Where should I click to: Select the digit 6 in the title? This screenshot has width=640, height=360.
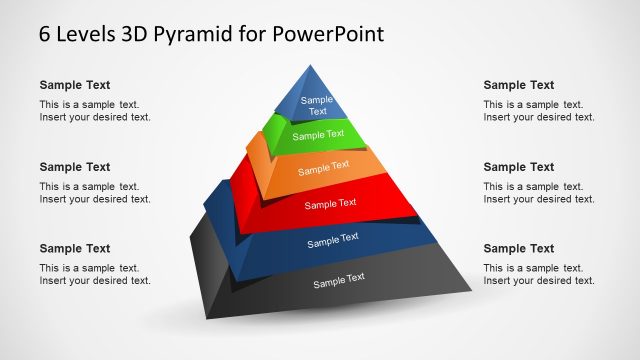(45, 34)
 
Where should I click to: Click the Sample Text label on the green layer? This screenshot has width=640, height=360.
(318, 134)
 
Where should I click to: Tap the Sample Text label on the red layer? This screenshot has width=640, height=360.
(330, 204)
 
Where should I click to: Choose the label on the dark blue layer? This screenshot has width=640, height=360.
(332, 241)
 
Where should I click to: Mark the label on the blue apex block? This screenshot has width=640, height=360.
(317, 105)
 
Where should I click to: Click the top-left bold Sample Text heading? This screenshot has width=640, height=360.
(75, 86)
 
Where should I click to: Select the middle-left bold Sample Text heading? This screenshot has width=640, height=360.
(75, 167)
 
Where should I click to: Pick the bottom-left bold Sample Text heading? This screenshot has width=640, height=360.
(75, 248)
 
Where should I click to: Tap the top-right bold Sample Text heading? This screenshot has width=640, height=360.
(518, 86)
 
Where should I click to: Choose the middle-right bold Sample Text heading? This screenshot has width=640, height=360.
(518, 167)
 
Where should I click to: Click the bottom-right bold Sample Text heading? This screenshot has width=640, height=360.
(518, 248)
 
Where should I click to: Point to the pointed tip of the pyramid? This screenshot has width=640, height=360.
(307, 67)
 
